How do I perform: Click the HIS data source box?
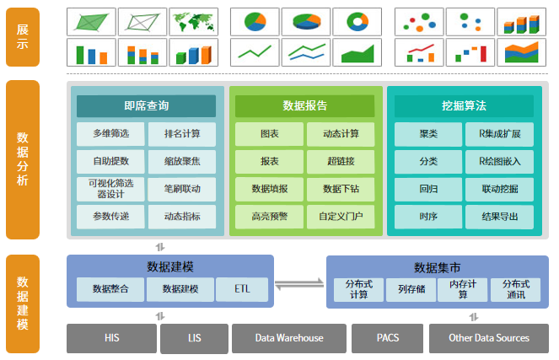coord(111,338)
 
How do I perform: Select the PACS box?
coord(388,338)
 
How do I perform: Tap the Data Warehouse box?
coord(289,338)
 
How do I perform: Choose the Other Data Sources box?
coord(489,338)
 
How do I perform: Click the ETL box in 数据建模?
coord(242,289)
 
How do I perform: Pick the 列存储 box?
coord(411,289)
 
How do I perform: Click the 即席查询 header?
coord(146,106)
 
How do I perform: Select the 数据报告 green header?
coord(305,106)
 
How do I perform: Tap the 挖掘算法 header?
coord(464,106)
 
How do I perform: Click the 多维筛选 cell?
coord(110,134)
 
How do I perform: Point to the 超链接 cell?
coord(341,162)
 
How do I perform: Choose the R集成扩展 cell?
coord(499,134)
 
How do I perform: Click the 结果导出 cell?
coord(499,217)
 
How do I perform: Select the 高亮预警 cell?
coord(269,217)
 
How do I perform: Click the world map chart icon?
coord(194,22)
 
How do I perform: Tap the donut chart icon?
coord(357,22)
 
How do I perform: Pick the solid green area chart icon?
coord(357,52)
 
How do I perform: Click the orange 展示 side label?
coord(23,37)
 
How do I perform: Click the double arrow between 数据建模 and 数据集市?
coord(299,284)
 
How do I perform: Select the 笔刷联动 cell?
coord(182,189)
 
